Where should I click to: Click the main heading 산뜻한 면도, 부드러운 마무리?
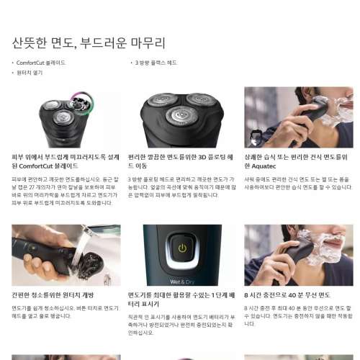click(89, 43)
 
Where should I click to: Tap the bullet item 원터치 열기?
click(30, 73)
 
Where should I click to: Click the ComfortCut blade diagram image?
click(66, 117)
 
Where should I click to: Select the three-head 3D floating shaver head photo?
click(182, 117)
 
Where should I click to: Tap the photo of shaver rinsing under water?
click(66, 255)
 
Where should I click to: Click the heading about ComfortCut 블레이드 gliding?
click(64, 161)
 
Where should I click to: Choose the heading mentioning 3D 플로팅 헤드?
click(180, 161)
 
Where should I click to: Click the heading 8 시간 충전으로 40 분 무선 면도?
click(287, 295)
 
